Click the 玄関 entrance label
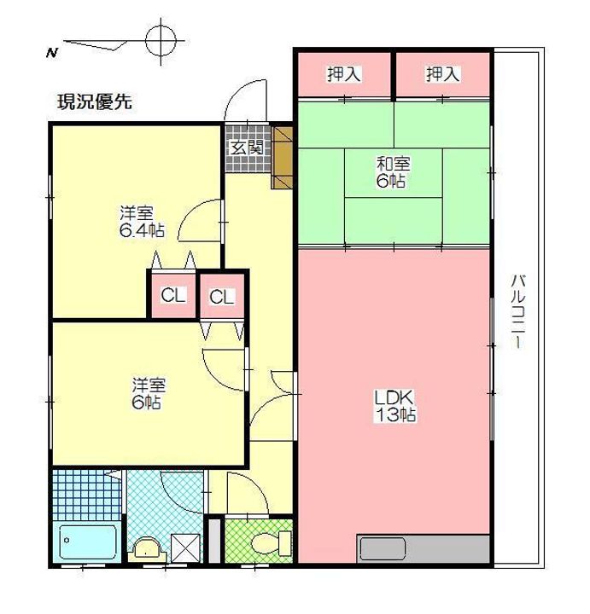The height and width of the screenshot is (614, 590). pos(245,147)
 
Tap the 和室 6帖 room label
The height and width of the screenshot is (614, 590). pos(394,171)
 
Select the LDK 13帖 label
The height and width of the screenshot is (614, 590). pos(394,407)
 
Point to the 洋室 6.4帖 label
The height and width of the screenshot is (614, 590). pos(142,222)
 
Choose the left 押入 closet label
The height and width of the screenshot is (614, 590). pos(344,75)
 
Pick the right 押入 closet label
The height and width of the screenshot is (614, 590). pos(442,75)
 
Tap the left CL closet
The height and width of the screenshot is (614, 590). pos(173,296)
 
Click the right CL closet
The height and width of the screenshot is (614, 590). pos(221,297)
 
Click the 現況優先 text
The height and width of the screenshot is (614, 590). pos(94,104)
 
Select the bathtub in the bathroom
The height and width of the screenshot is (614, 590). pos(88,542)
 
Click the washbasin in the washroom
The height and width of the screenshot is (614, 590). pos(147,547)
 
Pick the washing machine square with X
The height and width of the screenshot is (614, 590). pos(184,547)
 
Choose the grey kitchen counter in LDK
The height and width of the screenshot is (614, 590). pos(424,547)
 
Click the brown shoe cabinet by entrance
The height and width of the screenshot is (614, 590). pos(282,157)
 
